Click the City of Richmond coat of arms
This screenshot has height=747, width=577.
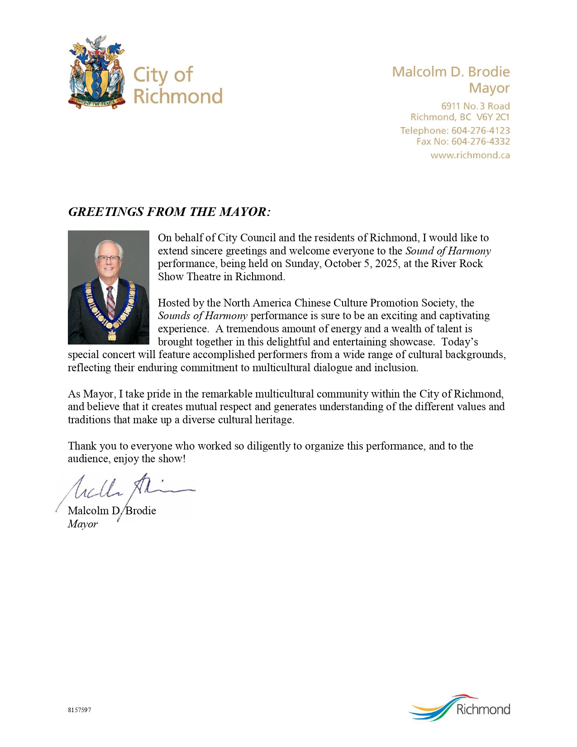coord(97,72)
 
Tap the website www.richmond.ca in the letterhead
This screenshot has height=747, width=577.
coord(470,155)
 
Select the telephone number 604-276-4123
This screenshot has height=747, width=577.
coord(480,130)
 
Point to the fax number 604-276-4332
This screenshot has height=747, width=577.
coord(480,142)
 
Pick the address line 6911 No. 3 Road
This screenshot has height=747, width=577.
coord(475,106)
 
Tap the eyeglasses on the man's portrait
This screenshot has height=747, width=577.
coord(109,259)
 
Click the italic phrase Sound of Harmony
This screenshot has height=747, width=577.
coord(448,251)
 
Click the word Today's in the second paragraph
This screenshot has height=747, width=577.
coord(460,342)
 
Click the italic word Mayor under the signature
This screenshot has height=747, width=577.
coord(83,524)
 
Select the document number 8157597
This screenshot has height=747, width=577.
coord(80,710)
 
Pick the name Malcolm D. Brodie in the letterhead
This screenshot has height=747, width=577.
coord(450,72)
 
